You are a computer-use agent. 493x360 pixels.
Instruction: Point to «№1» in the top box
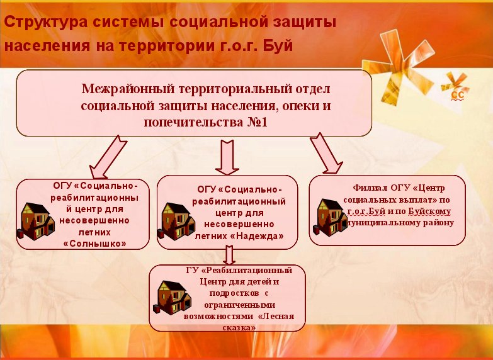(257, 122)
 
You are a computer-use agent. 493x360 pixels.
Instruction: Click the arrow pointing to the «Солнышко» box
(108, 157)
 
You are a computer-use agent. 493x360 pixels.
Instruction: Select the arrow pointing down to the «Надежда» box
(227, 157)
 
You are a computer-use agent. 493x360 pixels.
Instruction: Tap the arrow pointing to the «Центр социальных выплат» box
(326, 153)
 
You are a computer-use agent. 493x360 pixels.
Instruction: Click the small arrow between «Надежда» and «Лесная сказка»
(229, 255)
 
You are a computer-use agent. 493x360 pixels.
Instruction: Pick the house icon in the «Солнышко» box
(35, 222)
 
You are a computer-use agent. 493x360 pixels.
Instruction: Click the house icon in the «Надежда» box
(176, 222)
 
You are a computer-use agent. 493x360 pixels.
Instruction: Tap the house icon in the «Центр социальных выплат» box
(330, 218)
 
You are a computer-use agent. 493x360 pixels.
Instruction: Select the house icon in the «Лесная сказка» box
(173, 298)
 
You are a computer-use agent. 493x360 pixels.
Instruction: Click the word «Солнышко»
(94, 244)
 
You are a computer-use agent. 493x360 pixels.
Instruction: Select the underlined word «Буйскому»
(429, 211)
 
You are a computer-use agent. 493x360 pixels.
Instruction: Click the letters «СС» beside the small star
(458, 96)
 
